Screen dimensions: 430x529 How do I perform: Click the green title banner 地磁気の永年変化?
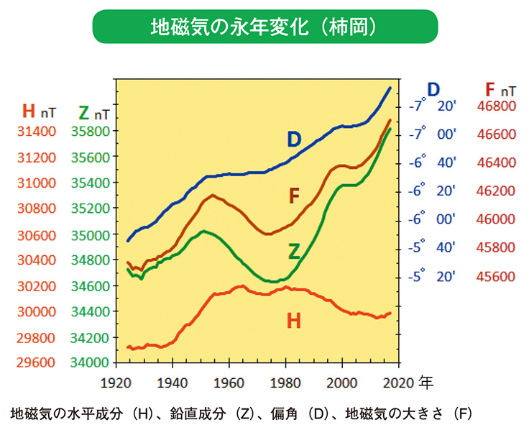pyautogui.click(x=264, y=27)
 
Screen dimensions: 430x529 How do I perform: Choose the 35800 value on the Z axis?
pyautogui.click(x=92, y=132)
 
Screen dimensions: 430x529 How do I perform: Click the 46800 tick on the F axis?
pyautogui.click(x=497, y=106)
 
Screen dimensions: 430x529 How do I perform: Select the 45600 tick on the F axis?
pyautogui.click(x=497, y=277)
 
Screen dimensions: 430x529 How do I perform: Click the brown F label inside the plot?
pyautogui.click(x=294, y=196)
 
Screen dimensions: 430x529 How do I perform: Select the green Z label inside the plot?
pyautogui.click(x=294, y=251)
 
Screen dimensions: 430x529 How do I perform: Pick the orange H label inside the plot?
pyautogui.click(x=293, y=321)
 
